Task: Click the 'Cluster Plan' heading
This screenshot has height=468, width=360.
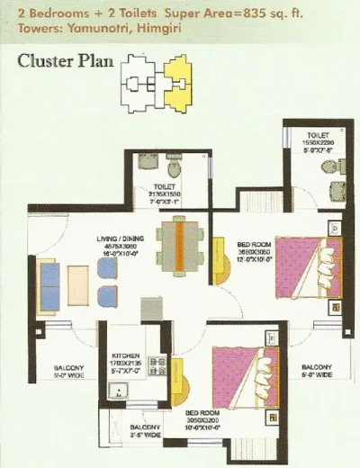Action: [63, 62]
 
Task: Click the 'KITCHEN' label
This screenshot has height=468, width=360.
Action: [125, 356]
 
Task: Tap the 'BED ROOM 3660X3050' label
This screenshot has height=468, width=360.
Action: [252, 247]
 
